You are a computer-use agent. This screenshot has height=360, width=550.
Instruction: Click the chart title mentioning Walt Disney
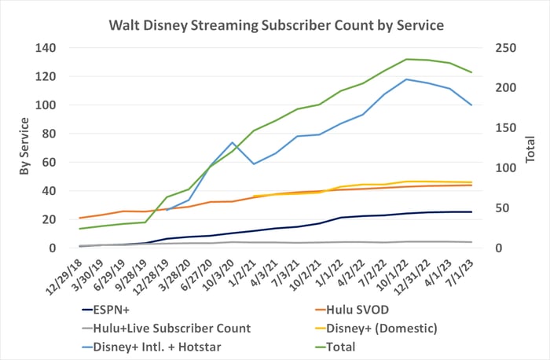coord(276,25)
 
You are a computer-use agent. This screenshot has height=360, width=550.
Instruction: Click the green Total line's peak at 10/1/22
coord(406,59)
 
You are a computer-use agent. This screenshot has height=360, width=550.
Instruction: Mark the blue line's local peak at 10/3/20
coord(233,143)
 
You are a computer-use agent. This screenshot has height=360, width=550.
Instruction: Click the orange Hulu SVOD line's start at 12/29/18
coord(80,218)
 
